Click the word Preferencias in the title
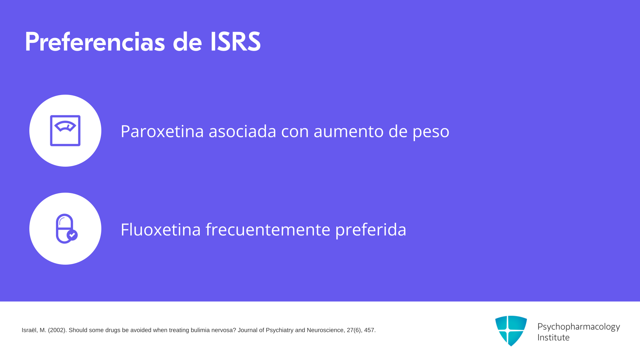point(95,42)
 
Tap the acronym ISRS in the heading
point(235,42)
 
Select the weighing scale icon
point(65,131)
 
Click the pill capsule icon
point(66,229)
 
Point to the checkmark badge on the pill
point(72,235)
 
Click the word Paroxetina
point(162,131)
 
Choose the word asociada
point(242,131)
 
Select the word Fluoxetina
point(161,229)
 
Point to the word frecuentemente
point(268,229)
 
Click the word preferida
point(371,230)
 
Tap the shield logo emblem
point(511,331)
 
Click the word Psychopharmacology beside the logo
point(579,327)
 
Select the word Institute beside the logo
point(553,338)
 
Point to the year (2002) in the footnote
point(57,330)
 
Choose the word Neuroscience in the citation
point(325,330)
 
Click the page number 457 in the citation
point(369,330)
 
